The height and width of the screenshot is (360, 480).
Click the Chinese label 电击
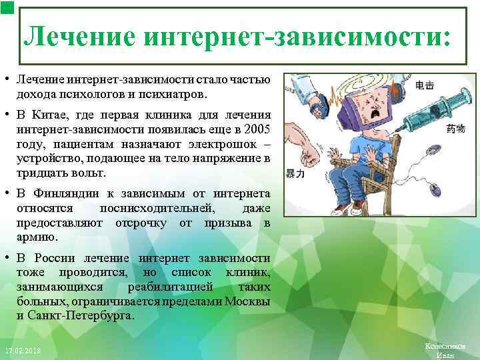(x=425, y=85)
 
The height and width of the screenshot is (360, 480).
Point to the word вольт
(x=90, y=172)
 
